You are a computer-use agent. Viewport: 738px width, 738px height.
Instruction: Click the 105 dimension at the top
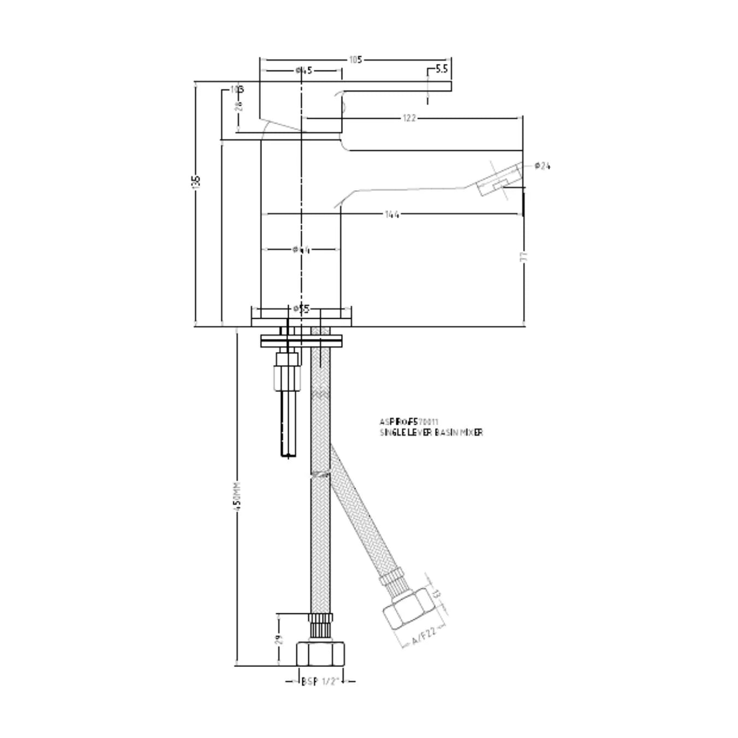[355, 60]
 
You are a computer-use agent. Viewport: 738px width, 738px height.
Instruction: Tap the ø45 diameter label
[303, 71]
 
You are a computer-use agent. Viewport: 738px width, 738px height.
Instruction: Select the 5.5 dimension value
[442, 69]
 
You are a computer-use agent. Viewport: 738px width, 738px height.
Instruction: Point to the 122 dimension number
[409, 118]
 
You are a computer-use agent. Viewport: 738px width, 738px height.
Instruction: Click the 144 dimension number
[391, 214]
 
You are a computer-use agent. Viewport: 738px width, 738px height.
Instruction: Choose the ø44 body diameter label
[301, 250]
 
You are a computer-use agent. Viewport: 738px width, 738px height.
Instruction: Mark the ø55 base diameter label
[301, 309]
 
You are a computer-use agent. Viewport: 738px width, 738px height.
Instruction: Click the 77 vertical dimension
[523, 257]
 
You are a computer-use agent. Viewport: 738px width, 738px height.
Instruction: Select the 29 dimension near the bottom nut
[279, 640]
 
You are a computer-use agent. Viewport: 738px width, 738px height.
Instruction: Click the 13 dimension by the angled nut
[436, 594]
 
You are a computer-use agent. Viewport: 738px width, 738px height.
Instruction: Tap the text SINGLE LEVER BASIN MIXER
[431, 432]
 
